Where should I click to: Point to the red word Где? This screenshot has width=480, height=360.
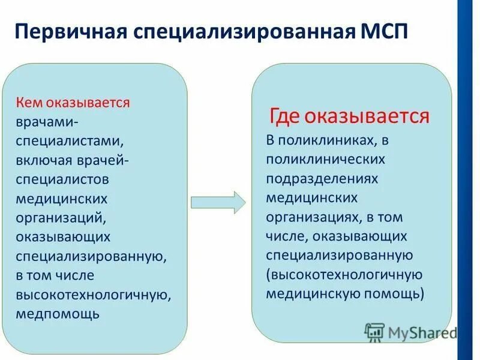283,115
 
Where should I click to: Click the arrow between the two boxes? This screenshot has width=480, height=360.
218,202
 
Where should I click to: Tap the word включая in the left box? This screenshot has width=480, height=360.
44,161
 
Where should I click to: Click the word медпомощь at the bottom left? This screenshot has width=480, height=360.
58,314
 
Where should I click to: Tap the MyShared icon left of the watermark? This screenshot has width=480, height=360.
374,332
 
